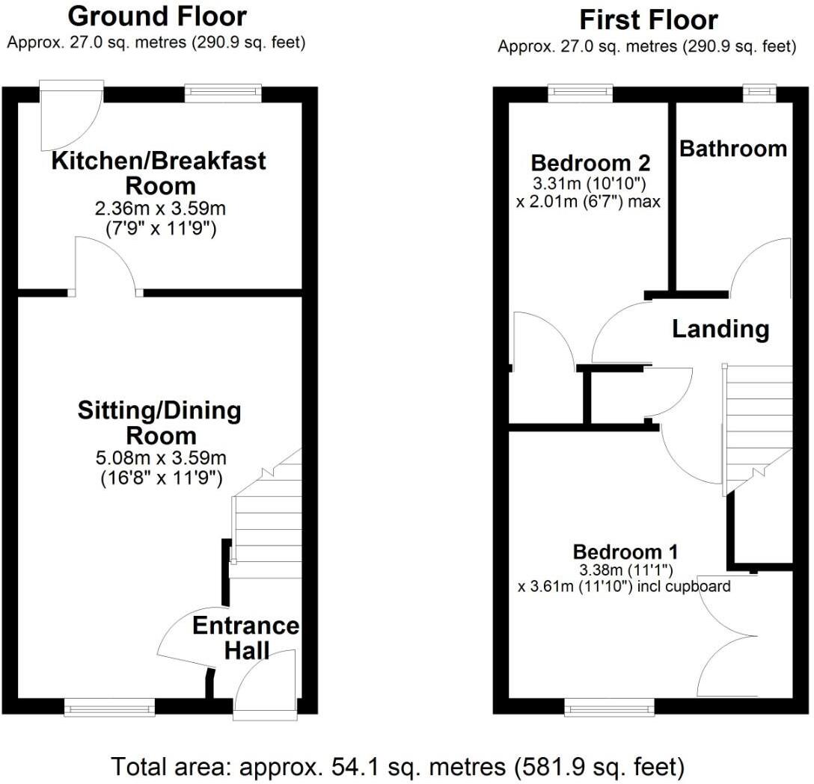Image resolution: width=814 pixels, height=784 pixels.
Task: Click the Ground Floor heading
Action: (156, 16)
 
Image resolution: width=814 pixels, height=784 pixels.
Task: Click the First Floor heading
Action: (648, 20)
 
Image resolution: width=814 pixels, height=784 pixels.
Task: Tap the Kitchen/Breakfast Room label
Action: (159, 173)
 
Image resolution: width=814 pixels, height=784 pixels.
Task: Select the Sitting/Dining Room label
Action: (159, 422)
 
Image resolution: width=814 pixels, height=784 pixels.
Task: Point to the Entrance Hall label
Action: (246, 638)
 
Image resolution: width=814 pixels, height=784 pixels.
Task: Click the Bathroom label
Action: (732, 149)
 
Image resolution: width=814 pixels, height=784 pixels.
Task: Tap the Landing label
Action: (720, 329)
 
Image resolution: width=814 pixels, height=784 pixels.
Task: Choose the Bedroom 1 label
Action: (625, 552)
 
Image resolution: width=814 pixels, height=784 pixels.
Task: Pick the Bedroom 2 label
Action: (590, 163)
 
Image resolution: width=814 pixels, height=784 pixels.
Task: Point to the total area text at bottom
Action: (397, 766)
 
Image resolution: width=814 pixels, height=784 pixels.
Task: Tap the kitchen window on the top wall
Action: (223, 93)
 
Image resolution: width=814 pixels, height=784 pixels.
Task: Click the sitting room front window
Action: (109, 707)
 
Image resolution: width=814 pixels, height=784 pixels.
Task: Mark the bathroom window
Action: (759, 93)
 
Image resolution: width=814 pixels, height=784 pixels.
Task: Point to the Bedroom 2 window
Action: (580, 93)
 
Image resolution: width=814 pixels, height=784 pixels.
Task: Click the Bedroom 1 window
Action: (609, 707)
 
